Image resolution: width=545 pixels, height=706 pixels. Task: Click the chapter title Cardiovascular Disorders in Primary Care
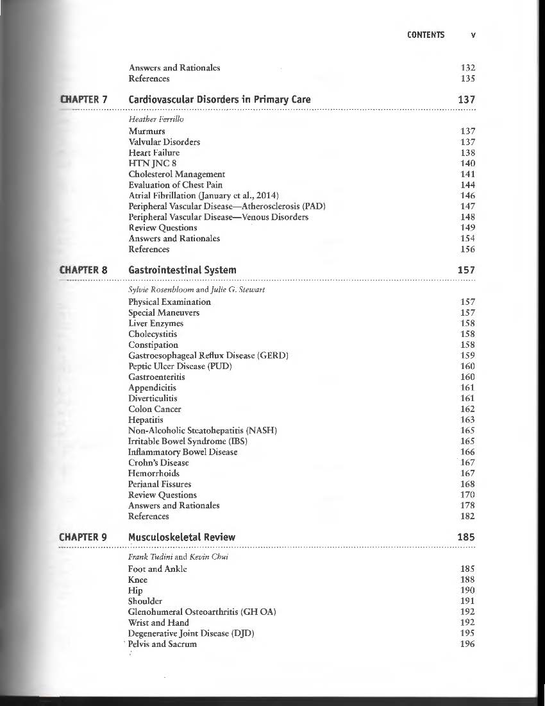point(219,99)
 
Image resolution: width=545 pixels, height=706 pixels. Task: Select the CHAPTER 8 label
point(83,270)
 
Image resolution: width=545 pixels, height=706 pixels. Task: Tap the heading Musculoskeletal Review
point(181,537)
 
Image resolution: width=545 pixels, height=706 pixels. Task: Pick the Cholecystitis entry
point(153,334)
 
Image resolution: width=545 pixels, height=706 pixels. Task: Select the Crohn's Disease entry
point(158,463)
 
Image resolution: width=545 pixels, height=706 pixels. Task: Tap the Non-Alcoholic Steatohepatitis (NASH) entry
point(203,430)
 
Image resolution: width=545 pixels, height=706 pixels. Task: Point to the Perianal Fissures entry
point(160,484)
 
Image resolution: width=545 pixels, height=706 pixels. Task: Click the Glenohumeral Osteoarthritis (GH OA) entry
point(202,612)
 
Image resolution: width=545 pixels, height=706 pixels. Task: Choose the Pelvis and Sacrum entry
point(162,644)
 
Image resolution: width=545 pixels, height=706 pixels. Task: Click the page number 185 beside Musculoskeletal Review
point(466,537)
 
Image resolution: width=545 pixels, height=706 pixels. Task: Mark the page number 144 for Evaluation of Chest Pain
point(467,185)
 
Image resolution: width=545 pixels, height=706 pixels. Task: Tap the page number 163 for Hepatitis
point(467,420)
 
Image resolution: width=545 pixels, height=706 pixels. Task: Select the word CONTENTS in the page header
point(425,35)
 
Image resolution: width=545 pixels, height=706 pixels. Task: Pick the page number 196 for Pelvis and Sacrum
point(467,644)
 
